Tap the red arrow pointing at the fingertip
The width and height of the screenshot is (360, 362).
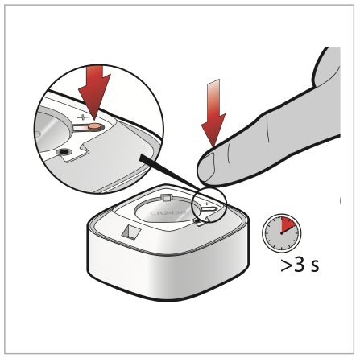point(213,114)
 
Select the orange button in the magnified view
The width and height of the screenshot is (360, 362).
point(95,126)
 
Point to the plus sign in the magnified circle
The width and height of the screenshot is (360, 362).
point(83,117)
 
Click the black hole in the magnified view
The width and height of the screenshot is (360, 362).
point(64,152)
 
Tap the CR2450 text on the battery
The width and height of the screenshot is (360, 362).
point(168,212)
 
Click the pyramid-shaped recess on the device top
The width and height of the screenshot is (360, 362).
point(130,231)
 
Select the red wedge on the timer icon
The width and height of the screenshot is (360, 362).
point(288,226)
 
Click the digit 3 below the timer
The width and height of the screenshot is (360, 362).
point(300,265)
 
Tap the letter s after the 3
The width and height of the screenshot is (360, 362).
point(315,266)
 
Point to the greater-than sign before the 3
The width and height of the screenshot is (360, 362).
point(287,265)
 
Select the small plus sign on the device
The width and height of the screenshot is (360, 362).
point(206,204)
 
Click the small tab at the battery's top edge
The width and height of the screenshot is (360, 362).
point(166,198)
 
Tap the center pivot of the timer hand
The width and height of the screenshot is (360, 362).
point(281,233)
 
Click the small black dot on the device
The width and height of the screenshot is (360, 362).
point(198,221)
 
